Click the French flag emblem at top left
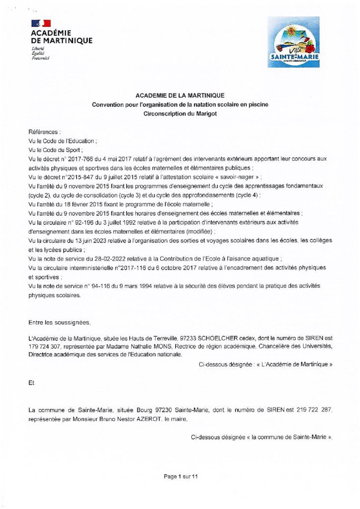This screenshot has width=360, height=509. [x=41, y=23]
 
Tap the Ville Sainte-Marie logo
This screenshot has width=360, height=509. [x=293, y=42]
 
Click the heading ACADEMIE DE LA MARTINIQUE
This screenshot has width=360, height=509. [x=180, y=95]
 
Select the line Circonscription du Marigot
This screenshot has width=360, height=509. [x=180, y=113]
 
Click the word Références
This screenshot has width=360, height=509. [x=44, y=132]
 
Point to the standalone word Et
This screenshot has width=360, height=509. [x=32, y=383]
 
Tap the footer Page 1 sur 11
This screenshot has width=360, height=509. [x=181, y=477]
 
